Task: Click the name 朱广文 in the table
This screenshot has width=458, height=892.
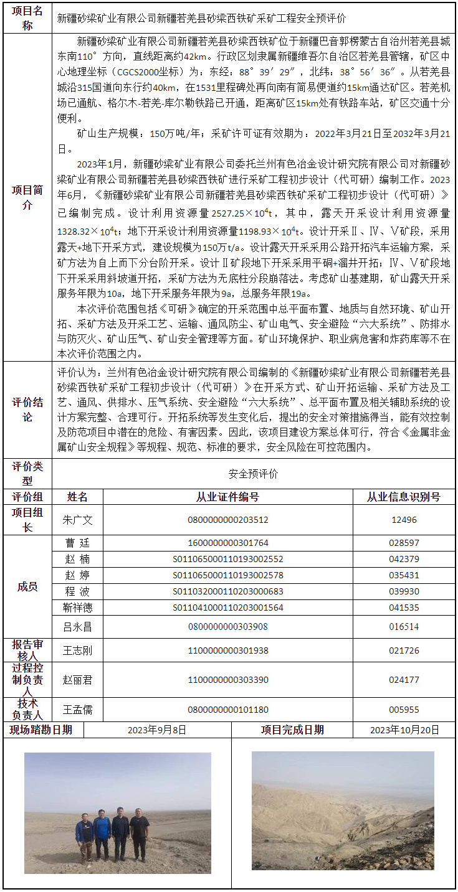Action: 78,519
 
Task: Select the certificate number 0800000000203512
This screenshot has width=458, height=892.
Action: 228,520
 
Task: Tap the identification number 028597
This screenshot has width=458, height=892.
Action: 404,543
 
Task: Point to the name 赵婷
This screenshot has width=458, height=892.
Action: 78,575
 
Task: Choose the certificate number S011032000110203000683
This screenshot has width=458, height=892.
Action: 228,591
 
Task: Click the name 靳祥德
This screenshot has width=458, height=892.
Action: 78,608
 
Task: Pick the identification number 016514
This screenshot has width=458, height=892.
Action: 404,627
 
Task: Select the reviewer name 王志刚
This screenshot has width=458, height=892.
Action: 78,650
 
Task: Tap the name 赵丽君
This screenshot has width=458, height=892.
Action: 78,680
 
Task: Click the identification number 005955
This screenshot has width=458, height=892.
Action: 404,710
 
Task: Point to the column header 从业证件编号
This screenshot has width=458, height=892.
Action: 228,497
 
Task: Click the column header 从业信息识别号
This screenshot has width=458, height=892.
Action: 404,497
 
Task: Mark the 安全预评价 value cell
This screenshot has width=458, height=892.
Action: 254,474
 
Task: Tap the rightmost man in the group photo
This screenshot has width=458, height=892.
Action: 140,832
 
